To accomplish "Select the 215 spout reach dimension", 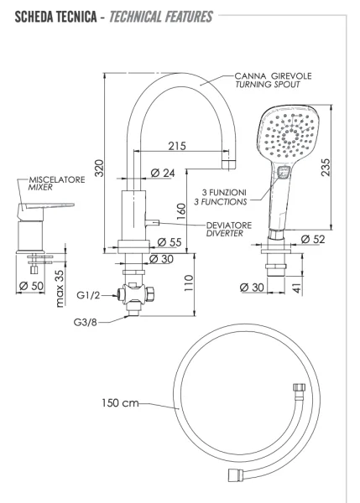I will click(x=175, y=147).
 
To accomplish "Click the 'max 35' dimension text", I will click(x=60, y=286).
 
